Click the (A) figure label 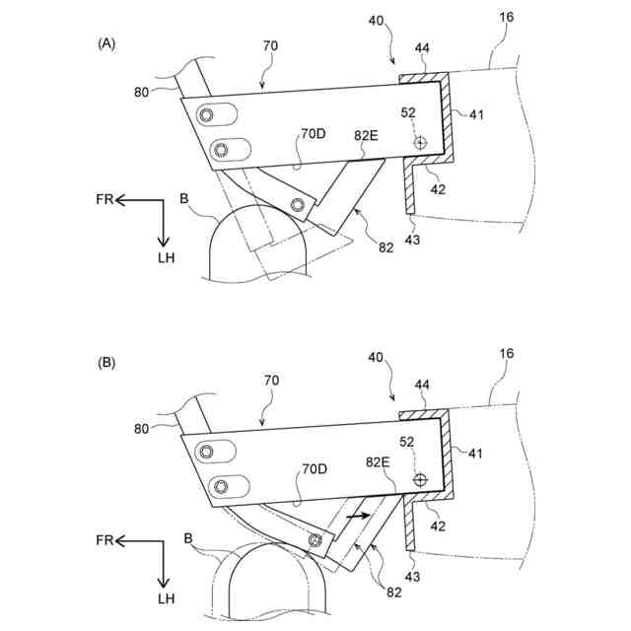tap(106, 43)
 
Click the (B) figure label tap(106, 363)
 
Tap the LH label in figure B tap(165, 598)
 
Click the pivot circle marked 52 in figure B tap(420, 480)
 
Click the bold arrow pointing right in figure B tap(357, 515)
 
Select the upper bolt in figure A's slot tap(208, 115)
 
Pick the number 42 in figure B tap(438, 526)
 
